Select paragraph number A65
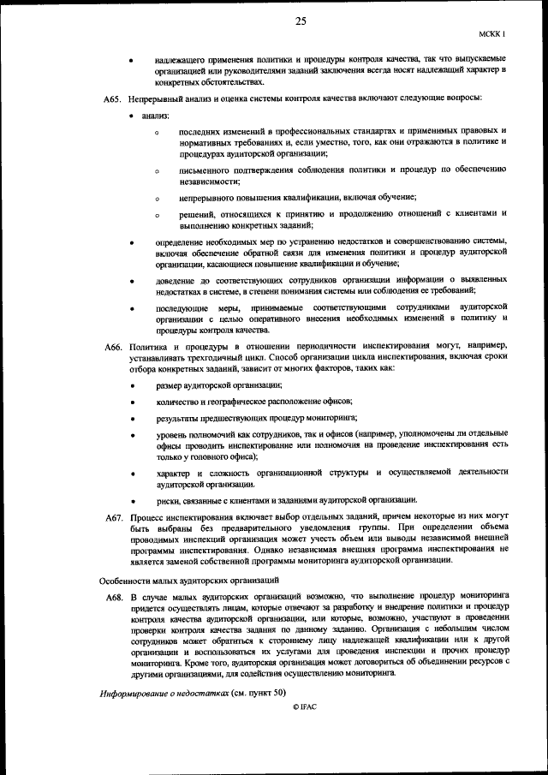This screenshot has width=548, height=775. point(114,99)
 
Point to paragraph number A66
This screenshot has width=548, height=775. point(114,345)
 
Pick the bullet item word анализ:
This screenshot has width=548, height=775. point(156,115)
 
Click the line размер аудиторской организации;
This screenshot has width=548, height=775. point(218,386)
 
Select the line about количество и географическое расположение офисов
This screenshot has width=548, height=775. point(253,402)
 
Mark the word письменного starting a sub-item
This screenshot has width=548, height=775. point(203,170)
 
